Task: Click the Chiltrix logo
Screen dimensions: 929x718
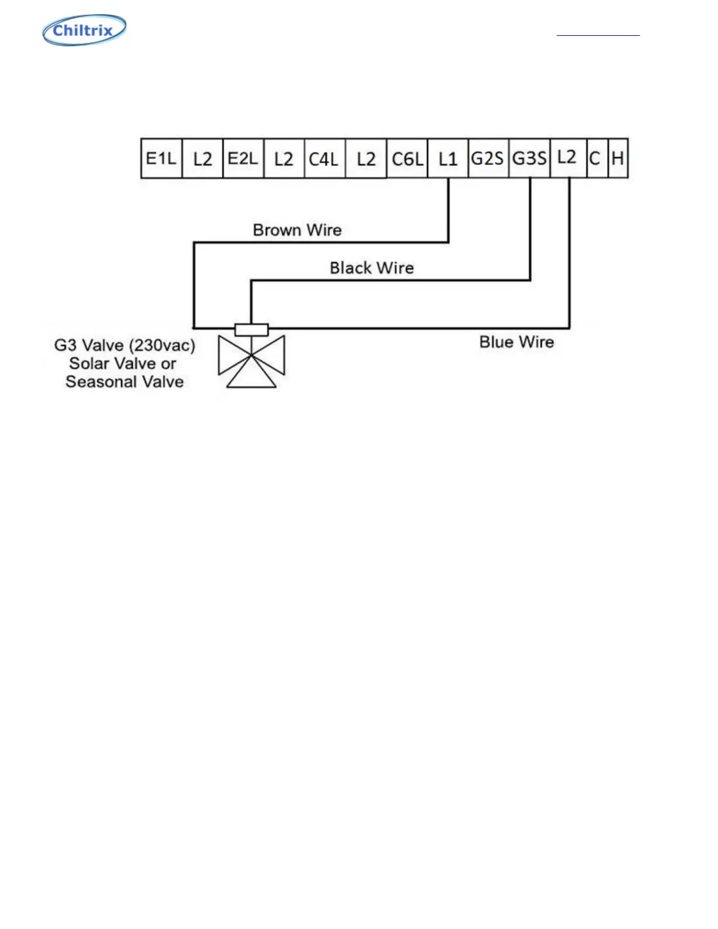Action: click(84, 30)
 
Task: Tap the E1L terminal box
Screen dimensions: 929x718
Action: click(161, 158)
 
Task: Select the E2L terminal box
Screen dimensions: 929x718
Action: click(243, 158)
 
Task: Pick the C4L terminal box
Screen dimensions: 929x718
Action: click(324, 158)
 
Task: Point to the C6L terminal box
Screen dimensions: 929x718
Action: click(407, 158)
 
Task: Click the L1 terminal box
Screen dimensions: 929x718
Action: click(448, 158)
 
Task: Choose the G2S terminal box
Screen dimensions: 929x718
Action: click(488, 158)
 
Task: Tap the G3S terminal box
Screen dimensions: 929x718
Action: click(529, 158)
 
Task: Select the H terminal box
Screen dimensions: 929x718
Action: click(618, 158)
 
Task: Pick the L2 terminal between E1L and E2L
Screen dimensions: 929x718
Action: click(202, 158)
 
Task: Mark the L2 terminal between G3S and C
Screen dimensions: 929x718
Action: click(568, 158)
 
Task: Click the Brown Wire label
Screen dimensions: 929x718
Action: click(297, 230)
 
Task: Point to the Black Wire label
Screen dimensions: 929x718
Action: click(371, 268)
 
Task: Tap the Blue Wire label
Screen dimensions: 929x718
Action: click(516, 342)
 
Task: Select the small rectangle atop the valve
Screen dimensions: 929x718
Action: click(251, 330)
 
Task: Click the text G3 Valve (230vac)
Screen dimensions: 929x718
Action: click(124, 345)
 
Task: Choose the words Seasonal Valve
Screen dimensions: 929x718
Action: click(124, 382)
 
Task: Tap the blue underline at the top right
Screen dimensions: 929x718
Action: click(598, 36)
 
